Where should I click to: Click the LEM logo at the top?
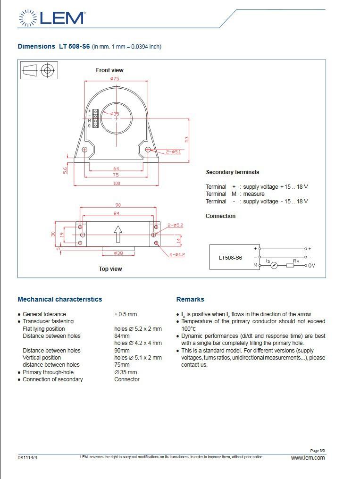point(52,18)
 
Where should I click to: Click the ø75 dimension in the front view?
point(115,79)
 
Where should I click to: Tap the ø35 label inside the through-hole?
point(115,114)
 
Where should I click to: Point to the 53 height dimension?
point(187,139)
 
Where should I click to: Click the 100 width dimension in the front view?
point(116,183)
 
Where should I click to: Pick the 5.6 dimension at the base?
point(66,170)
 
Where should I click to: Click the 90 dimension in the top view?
point(118,205)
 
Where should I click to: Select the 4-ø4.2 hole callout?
point(177,255)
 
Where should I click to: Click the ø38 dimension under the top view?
point(118,253)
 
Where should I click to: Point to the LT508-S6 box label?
point(230,258)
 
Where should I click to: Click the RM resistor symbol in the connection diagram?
point(290,266)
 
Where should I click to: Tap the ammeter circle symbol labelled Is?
point(274,266)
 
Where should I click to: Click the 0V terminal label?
point(311,266)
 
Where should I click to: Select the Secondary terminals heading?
point(232,172)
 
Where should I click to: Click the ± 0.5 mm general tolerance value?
point(126,314)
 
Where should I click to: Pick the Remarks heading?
point(190,299)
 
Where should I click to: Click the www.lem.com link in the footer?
point(308,457)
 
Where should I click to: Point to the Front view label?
point(109,70)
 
